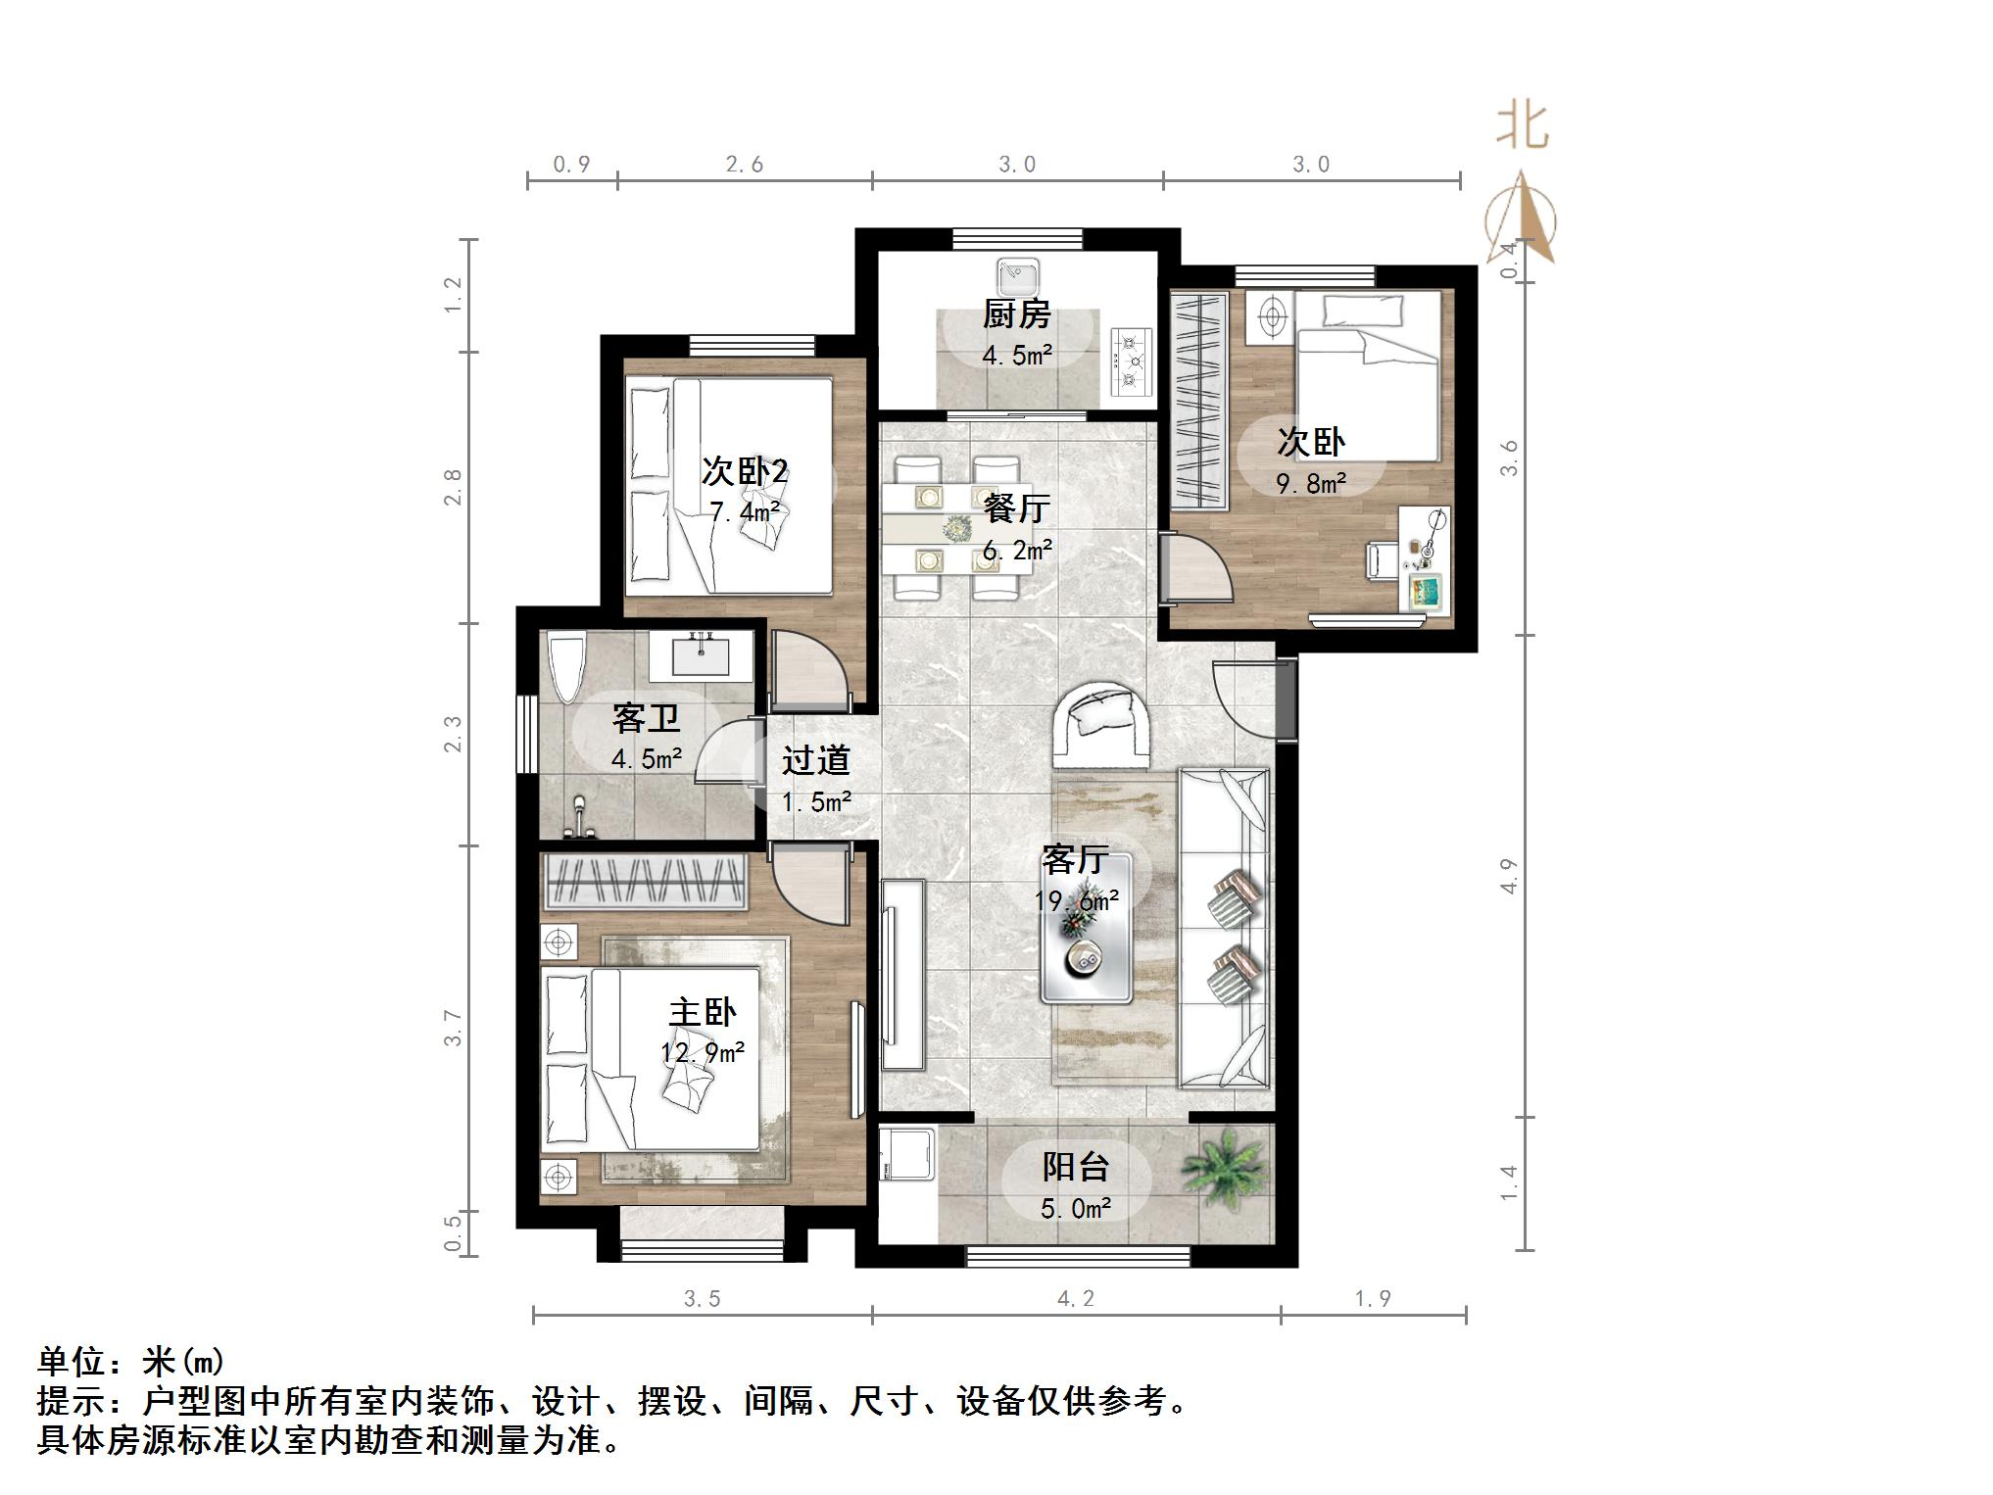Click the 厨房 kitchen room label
(x=1016, y=314)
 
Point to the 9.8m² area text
(x=1310, y=483)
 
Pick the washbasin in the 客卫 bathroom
(x=702, y=653)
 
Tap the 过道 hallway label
(x=815, y=760)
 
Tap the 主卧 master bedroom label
(x=702, y=1012)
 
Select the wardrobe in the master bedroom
(x=644, y=880)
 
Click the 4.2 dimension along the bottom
(x=1075, y=1299)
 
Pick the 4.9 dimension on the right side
(x=1508, y=875)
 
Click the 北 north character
(x=1522, y=127)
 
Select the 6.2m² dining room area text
(x=1016, y=551)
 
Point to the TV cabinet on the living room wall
(x=902, y=974)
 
